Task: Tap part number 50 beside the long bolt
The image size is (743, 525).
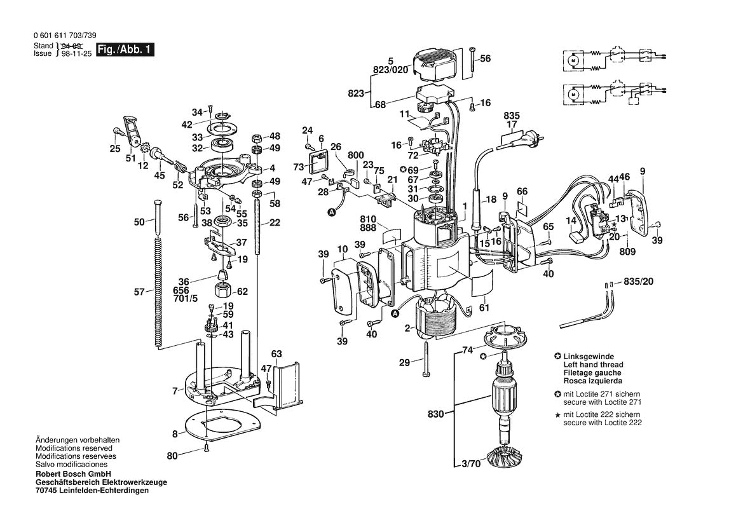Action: (139, 222)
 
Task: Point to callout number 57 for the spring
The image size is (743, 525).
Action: (139, 292)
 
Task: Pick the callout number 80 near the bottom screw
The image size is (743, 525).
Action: (172, 455)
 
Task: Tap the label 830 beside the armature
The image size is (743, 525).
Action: (435, 413)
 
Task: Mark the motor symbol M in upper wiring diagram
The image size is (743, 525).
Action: (571, 60)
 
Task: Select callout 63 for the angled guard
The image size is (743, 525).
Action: (276, 354)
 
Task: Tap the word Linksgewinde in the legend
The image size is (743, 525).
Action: (589, 357)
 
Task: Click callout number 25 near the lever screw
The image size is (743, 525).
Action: (114, 149)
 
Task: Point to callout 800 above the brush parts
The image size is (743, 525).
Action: (356, 155)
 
